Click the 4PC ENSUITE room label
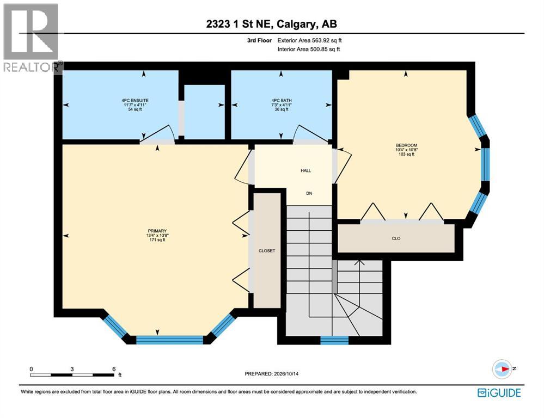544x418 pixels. pyautogui.click(x=135, y=101)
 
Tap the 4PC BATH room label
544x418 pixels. pyautogui.click(x=282, y=101)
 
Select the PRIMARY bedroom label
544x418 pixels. pyautogui.click(x=157, y=231)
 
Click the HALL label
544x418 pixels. pyautogui.click(x=305, y=171)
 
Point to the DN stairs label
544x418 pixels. pyautogui.click(x=309, y=193)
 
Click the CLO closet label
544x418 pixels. pyautogui.click(x=396, y=238)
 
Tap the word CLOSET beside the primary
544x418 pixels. pyautogui.click(x=267, y=250)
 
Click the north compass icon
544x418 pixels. pyautogui.click(x=503, y=369)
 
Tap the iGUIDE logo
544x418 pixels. pyautogui.click(x=499, y=392)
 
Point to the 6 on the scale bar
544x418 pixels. pyautogui.click(x=114, y=369)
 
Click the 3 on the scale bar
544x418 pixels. pyautogui.click(x=72, y=369)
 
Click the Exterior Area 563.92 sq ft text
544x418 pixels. pyautogui.click(x=309, y=40)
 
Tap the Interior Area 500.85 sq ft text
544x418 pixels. pyautogui.click(x=309, y=50)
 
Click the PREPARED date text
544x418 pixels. pyautogui.click(x=272, y=373)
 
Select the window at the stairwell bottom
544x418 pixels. pyautogui.click(x=334, y=340)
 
